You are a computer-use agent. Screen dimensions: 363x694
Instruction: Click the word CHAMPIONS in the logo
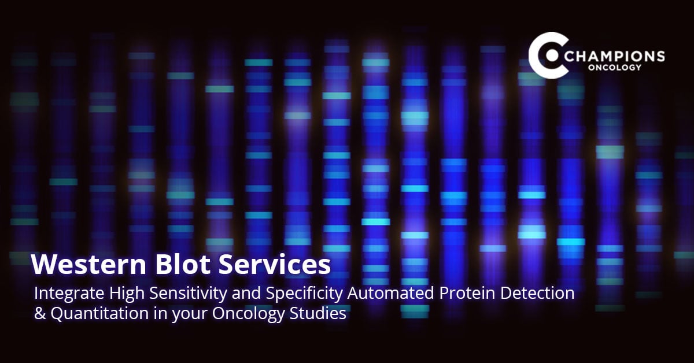[x=617, y=56]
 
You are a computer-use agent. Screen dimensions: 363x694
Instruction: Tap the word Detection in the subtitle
[x=538, y=294]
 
